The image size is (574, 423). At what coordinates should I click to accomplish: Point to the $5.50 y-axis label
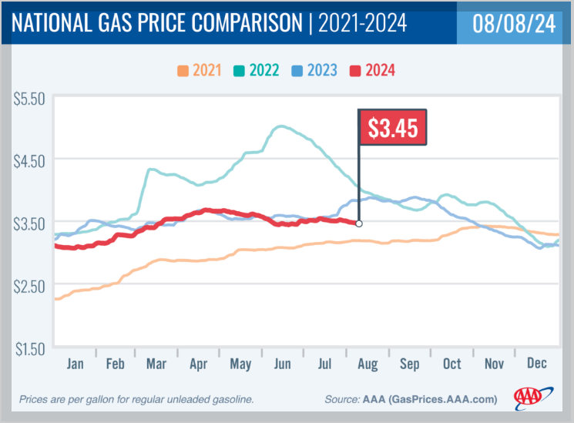tap(30, 98)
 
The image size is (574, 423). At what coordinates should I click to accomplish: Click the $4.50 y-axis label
tap(30, 160)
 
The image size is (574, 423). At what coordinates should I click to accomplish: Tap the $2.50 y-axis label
tap(30, 286)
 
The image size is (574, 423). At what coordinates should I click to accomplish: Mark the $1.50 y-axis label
tap(30, 348)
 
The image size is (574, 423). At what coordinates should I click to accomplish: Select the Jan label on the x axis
tap(75, 364)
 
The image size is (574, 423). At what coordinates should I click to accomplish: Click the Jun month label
tap(284, 364)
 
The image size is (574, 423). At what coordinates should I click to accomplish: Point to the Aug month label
tap(368, 364)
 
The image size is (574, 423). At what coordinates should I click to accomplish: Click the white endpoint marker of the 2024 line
tap(359, 223)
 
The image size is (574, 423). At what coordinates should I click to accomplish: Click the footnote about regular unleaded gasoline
tap(136, 399)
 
